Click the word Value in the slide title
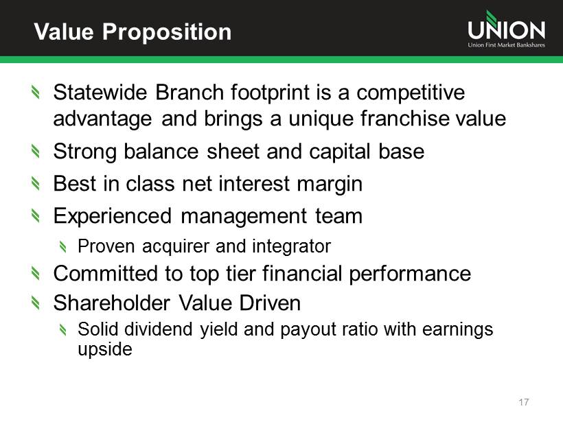pyautogui.click(x=64, y=32)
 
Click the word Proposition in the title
pyautogui.click(x=167, y=33)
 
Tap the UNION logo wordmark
pyautogui.click(x=506, y=27)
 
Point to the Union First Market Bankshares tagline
pyautogui.click(x=506, y=45)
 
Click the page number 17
pyautogui.click(x=524, y=402)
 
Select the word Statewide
pyautogui.click(x=100, y=92)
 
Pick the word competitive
pyautogui.click(x=411, y=93)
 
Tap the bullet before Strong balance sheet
pyautogui.click(x=35, y=151)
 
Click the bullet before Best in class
pyautogui.click(x=35, y=183)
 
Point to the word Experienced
pyautogui.click(x=113, y=217)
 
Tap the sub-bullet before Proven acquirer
pyautogui.click(x=63, y=246)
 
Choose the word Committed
pyautogui.click(x=106, y=273)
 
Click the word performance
pyautogui.click(x=410, y=274)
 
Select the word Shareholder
pyautogui.click(x=112, y=303)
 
